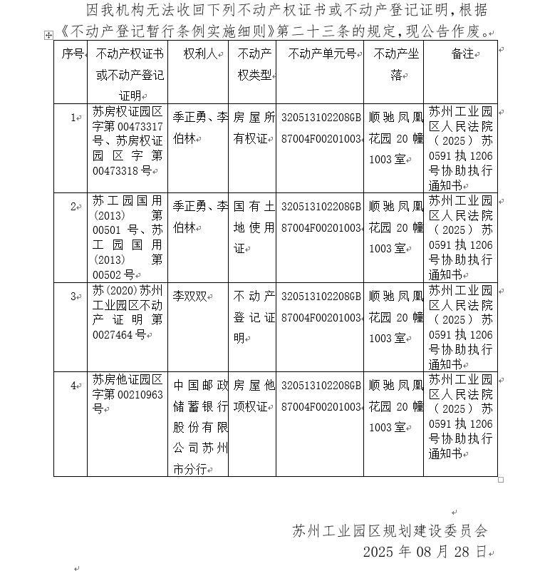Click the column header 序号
coord(73,54)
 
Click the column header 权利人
coord(199,54)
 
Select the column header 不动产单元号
coord(321,54)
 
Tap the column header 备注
coord(462,54)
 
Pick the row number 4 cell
coord(73,386)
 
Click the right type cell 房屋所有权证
coord(254,128)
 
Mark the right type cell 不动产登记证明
coord(254,317)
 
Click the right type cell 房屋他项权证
coord(254,396)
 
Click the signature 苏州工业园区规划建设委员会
coord(390,531)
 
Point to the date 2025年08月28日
coord(425,552)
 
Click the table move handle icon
coord(48,34)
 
